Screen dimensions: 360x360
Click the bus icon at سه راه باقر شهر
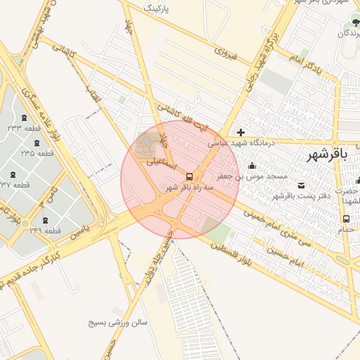pyautogui.click(x=189, y=176)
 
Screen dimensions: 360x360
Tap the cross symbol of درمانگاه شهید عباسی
pyautogui.click(x=241, y=132)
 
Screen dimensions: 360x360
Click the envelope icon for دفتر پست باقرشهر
pyautogui.click(x=302, y=185)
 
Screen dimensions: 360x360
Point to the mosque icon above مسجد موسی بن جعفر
pyautogui.click(x=252, y=165)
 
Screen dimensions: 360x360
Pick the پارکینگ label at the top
pyautogui.click(x=157, y=8)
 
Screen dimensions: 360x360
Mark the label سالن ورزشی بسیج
pyautogui.click(x=117, y=323)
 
